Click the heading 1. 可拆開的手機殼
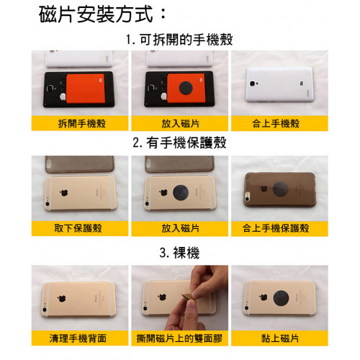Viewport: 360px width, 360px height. pyautogui.click(x=179, y=40)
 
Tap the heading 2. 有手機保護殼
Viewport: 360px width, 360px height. pyautogui.click(x=179, y=143)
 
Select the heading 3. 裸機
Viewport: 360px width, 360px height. pyautogui.click(x=179, y=253)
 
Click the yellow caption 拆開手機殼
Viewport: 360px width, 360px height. pyautogui.click(x=82, y=123)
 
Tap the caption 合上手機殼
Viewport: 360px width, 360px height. pyautogui.click(x=276, y=123)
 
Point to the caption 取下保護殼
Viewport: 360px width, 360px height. pyautogui.click(x=78, y=228)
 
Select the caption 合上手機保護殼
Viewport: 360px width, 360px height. pyautogui.click(x=276, y=228)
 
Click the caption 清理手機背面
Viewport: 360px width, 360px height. pyautogui.click(x=78, y=338)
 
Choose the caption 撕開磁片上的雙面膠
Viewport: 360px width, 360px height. pyautogui.click(x=179, y=338)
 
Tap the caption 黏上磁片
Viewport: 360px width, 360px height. pyautogui.click(x=280, y=338)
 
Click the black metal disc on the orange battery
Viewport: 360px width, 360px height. pyautogui.click(x=186, y=88)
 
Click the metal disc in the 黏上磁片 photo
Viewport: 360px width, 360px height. pyautogui.click(x=281, y=298)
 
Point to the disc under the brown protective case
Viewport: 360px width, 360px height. pyautogui.click(x=280, y=189)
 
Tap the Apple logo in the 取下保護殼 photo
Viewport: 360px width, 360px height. pyautogui.click(x=64, y=192)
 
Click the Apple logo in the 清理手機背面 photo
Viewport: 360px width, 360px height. pyautogui.click(x=62, y=298)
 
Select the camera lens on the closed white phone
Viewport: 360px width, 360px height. pyautogui.click(x=252, y=84)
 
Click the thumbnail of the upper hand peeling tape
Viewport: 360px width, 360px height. pyautogui.click(x=210, y=282)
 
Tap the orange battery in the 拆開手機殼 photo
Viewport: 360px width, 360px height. pyautogui.click(x=86, y=89)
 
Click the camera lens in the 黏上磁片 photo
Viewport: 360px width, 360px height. pyautogui.click(x=246, y=308)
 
